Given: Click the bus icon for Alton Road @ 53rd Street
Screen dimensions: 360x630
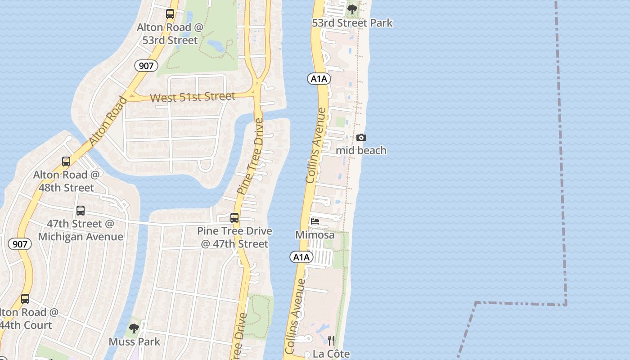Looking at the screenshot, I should pos(170,14).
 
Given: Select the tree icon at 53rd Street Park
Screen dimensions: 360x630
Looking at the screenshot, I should pos(352,9).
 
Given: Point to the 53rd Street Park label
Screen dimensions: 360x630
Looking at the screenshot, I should pos(352,23).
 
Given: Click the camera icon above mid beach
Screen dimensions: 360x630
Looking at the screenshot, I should pos(361,138).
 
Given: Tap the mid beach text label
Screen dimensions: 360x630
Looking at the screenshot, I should pos(361,150).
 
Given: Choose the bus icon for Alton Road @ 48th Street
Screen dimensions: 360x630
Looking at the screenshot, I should pos(66,162).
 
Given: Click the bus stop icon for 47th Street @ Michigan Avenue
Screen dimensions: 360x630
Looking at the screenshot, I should pos(81,210).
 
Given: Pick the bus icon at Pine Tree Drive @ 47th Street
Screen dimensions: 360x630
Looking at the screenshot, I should pos(234,218).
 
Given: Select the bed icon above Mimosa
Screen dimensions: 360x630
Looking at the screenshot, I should pos(315,221).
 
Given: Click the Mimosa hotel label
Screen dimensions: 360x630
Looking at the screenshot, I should pos(315,235).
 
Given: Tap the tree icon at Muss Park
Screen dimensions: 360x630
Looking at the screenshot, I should pos(134,328).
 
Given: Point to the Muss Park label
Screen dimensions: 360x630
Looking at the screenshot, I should pos(134,342).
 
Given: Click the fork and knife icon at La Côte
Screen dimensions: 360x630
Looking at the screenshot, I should pos(331,340).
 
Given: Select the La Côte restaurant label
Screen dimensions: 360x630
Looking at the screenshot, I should pos(331,354).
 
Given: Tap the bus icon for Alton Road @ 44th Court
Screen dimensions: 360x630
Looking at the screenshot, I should pos(25,299).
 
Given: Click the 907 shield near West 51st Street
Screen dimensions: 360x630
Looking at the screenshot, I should pos(146,66).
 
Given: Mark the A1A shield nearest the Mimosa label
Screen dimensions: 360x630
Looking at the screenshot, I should pos(301,257).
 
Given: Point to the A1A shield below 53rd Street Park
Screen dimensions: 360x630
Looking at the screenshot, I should pos(319,79).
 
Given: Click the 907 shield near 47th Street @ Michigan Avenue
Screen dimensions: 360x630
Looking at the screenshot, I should pos(20,244).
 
